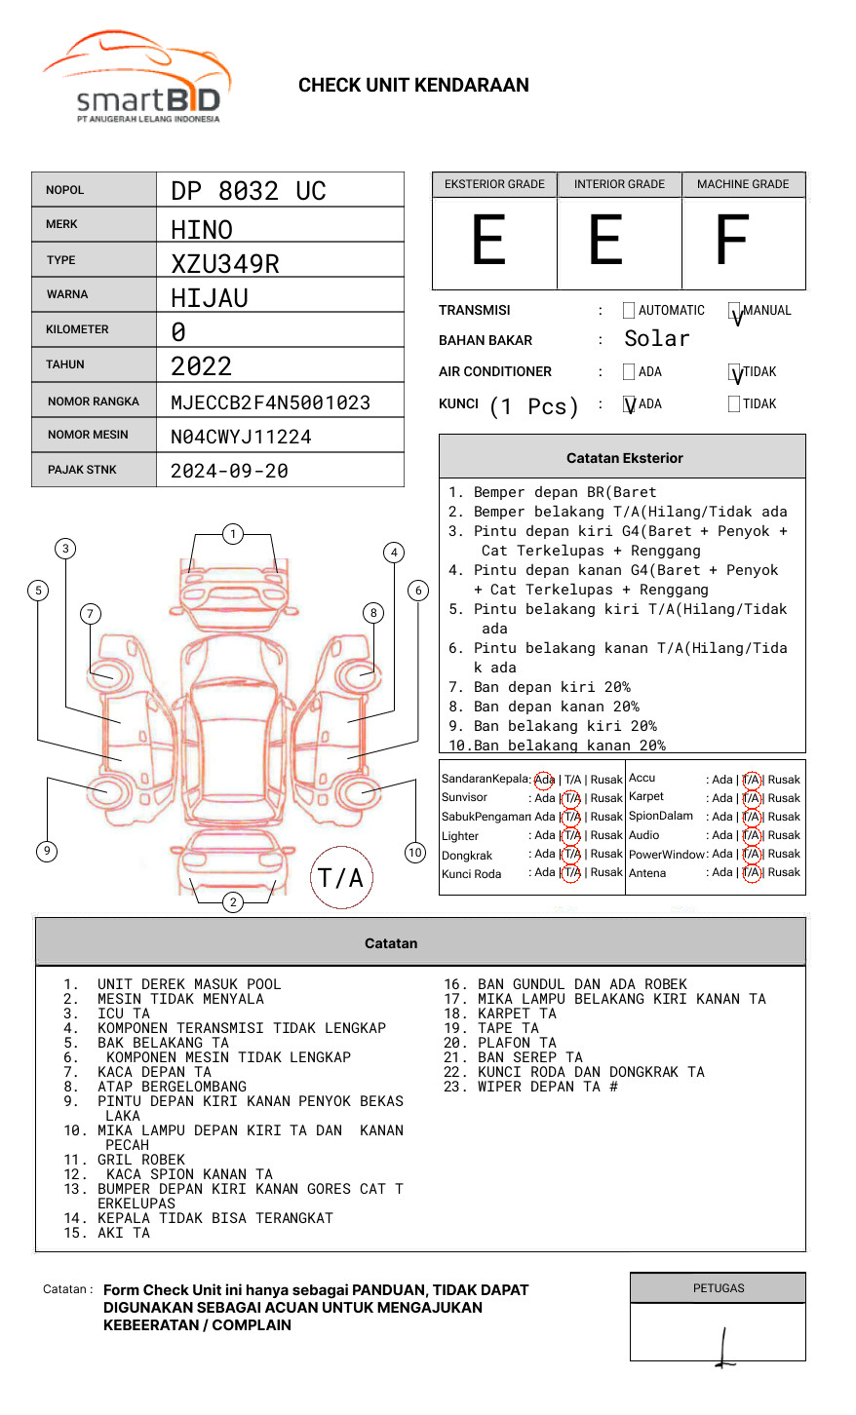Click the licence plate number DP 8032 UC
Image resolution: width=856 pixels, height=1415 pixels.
pos(248,191)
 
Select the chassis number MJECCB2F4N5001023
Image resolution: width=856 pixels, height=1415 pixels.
pos(270,402)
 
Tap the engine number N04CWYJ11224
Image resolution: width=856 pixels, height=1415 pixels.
pos(241,437)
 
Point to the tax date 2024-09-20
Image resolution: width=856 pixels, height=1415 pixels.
pos(229,471)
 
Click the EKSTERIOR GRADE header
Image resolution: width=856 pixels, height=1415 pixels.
pos(494,184)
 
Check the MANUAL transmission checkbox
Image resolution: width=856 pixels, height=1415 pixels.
pos(735,312)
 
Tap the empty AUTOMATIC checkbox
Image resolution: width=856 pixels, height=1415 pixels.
pos(629,311)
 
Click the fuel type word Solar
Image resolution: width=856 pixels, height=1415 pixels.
pos(656,339)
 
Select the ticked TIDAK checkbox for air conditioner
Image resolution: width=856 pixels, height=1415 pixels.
pos(735,372)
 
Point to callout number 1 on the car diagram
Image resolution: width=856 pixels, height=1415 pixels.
pos(232,533)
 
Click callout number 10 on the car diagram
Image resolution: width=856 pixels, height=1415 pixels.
pos(415,853)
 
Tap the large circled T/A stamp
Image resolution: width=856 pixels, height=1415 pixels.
pos(341,877)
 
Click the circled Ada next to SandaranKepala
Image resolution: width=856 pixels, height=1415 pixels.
pos(544,780)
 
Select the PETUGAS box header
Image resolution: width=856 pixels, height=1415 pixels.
pos(718,1288)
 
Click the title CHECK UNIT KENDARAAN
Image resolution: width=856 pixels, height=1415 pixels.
pos(413,86)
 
